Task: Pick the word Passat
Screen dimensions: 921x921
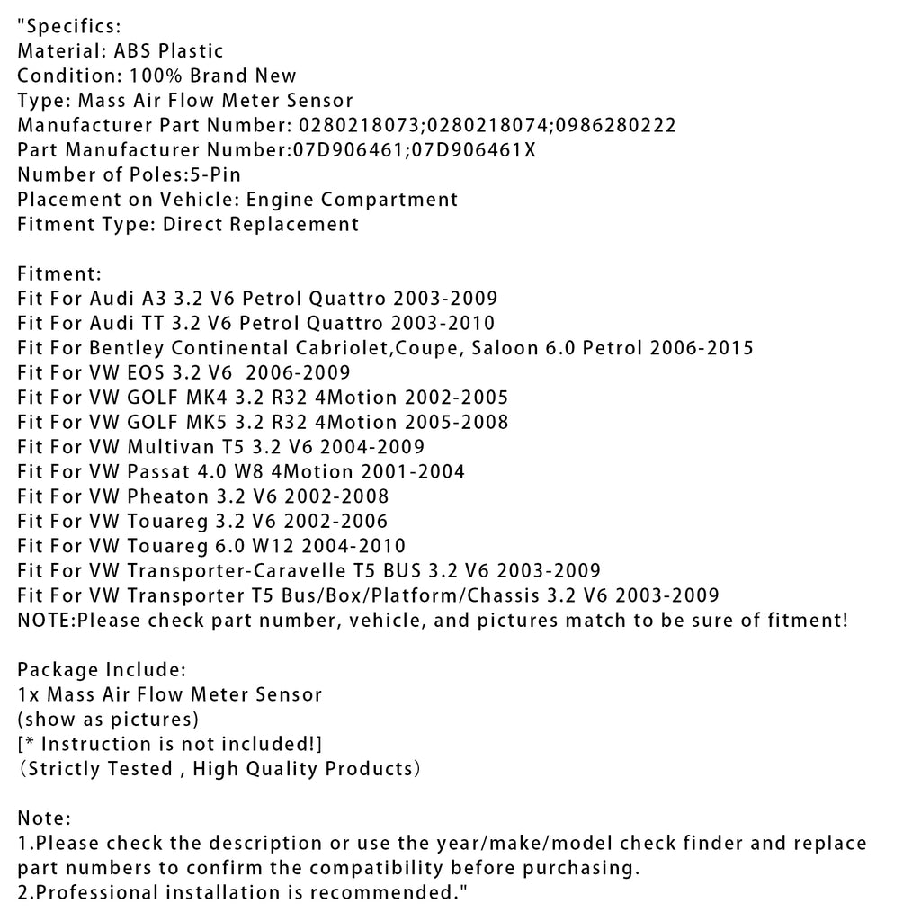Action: click(159, 471)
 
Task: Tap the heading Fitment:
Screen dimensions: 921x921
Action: click(59, 273)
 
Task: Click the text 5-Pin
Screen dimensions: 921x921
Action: click(214, 174)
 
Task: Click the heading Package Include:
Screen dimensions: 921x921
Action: click(102, 670)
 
